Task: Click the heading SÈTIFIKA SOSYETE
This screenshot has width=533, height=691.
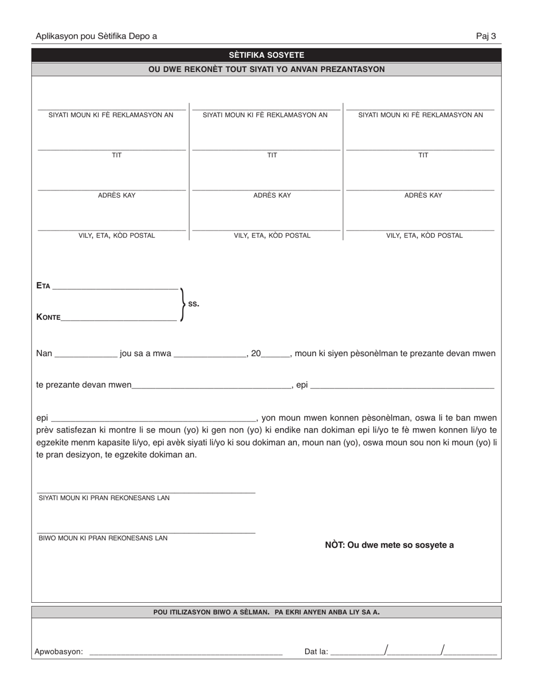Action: [x=266, y=55]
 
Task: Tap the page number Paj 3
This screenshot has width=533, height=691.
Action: [x=486, y=37]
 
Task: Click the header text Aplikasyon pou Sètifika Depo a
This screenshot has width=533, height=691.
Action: [x=96, y=37]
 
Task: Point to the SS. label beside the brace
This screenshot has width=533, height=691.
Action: [x=194, y=304]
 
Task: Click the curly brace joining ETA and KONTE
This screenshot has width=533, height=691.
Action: [x=182, y=304]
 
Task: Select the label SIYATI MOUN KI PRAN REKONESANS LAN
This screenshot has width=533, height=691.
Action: [x=104, y=498]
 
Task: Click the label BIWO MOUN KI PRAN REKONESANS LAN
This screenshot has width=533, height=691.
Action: [x=103, y=538]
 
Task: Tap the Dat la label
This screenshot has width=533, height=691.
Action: [x=316, y=652]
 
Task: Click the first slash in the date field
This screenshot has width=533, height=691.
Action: [x=385, y=651]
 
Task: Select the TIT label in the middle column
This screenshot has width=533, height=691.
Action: [x=272, y=155]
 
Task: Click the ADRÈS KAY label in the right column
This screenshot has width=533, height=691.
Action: [x=423, y=196]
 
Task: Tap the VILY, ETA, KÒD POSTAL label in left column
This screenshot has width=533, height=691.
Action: [x=117, y=235]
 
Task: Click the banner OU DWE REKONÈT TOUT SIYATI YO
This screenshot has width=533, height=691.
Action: [x=266, y=69]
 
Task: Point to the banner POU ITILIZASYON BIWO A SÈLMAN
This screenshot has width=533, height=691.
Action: [x=266, y=612]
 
